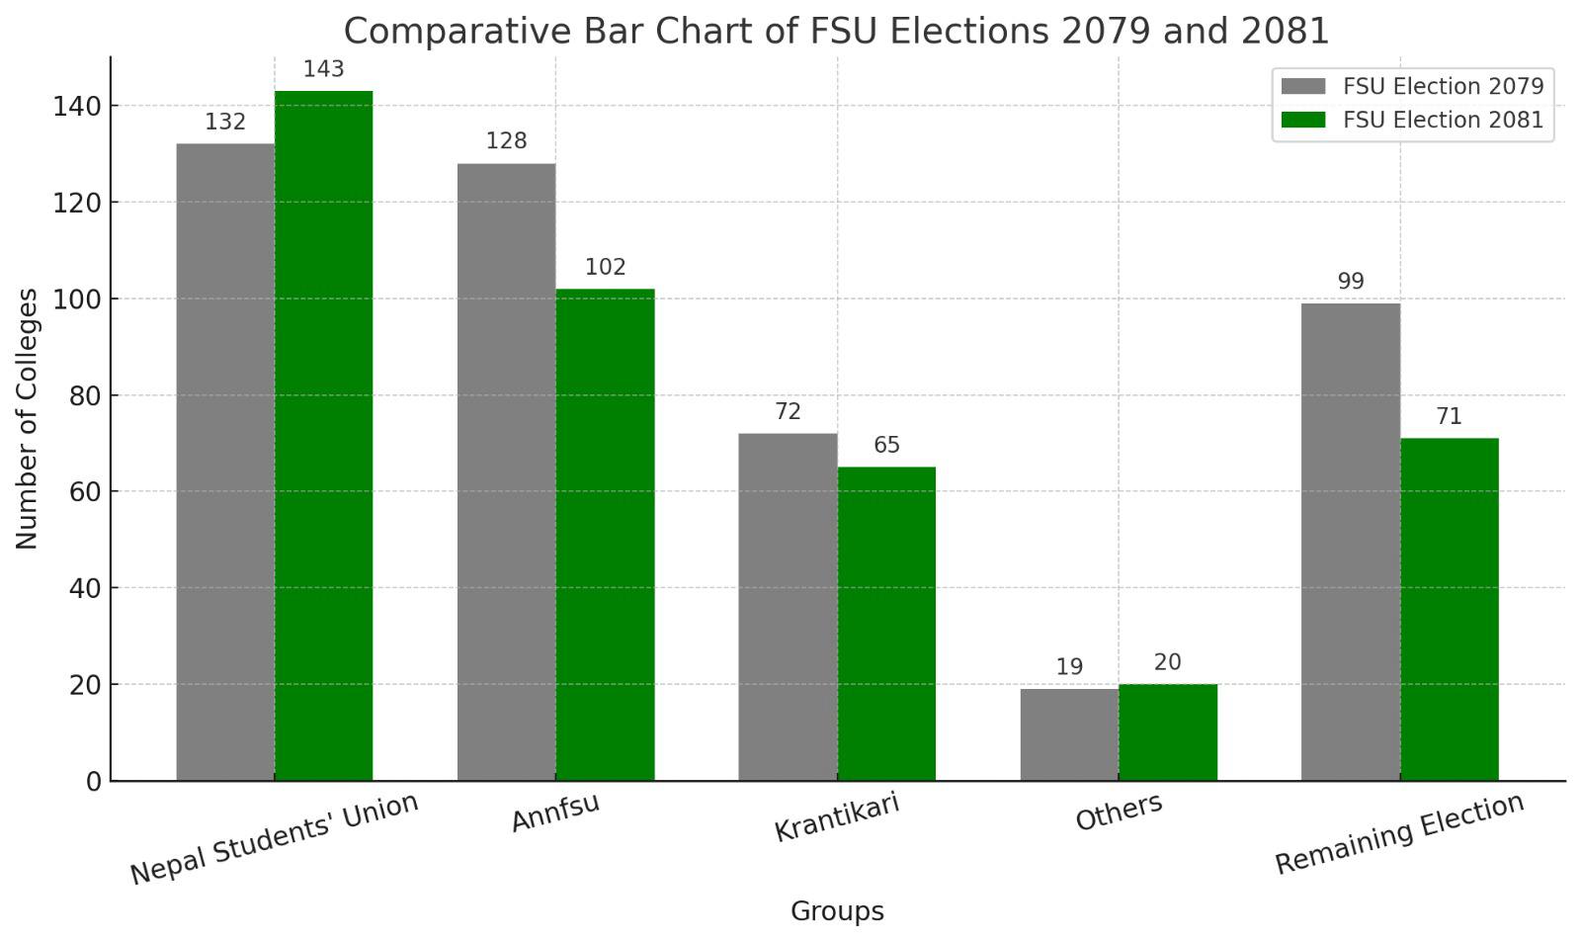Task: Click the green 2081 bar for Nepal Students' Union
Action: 323,435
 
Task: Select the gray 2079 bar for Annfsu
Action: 506,471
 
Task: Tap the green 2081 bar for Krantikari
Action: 886,623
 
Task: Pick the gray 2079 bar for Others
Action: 1069,734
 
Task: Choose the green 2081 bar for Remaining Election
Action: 1449,609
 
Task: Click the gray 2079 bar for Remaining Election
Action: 1350,542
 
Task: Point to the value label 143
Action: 323,69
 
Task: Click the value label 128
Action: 506,141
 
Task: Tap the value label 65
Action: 886,445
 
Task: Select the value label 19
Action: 1069,667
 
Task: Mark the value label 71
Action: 1449,416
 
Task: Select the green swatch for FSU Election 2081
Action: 1302,120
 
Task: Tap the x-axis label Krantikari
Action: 837,816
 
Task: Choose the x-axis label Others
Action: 1119,812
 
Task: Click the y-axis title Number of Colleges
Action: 27,418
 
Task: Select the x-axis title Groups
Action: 837,911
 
